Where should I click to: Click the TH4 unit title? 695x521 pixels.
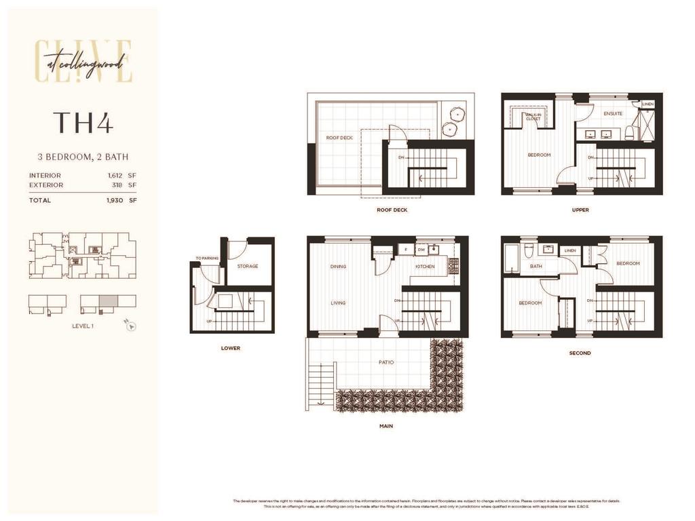(x=83, y=122)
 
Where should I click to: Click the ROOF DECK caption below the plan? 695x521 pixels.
(x=392, y=210)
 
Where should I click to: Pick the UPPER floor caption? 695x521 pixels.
(x=580, y=210)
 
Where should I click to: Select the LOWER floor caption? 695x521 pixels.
(x=231, y=349)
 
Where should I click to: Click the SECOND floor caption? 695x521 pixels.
(x=580, y=353)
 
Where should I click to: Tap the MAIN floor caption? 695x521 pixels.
(x=386, y=427)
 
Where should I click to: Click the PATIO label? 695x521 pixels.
(x=386, y=362)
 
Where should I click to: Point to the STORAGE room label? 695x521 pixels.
(x=248, y=267)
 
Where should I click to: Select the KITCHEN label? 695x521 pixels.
(x=426, y=267)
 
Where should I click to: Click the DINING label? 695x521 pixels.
(x=338, y=267)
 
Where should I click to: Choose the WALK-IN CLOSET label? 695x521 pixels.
(x=533, y=117)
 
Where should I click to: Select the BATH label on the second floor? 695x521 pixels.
(x=536, y=267)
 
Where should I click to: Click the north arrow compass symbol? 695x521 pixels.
(x=131, y=326)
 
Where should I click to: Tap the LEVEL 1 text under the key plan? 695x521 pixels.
(x=83, y=326)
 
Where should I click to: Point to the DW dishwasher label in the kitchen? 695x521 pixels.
(x=421, y=250)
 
